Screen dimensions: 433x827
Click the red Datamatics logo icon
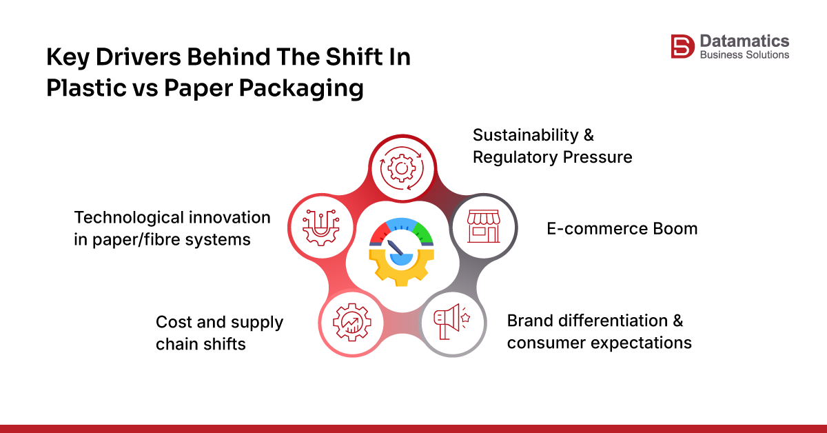point(681,46)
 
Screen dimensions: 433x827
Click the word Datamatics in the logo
point(744,41)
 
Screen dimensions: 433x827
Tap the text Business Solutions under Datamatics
point(744,54)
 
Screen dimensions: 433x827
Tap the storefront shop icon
point(482,227)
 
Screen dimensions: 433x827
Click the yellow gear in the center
point(400,265)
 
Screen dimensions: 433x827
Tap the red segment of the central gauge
point(378,235)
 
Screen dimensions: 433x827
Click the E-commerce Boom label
point(622,228)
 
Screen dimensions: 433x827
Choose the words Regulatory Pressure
point(552,157)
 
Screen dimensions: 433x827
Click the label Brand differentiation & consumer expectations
point(598,332)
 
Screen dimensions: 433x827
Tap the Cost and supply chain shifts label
point(219,332)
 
